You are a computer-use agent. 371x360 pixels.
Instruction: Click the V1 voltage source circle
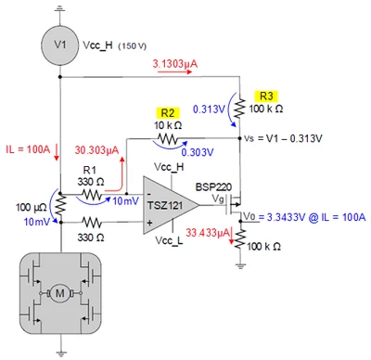(59, 45)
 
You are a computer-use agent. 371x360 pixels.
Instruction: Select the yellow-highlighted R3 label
(266, 96)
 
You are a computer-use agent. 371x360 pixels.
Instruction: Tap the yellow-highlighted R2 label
(168, 113)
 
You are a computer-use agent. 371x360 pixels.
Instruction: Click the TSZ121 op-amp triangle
(171, 205)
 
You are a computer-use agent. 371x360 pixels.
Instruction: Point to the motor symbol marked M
(59, 293)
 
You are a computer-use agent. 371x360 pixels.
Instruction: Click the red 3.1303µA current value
(175, 64)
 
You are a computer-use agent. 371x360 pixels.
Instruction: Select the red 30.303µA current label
(96, 150)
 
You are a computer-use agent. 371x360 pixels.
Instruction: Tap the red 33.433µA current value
(208, 233)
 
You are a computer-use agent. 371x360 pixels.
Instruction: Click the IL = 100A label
(28, 149)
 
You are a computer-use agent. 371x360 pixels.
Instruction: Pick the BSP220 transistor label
(213, 187)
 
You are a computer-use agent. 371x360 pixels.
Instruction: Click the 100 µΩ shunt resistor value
(32, 207)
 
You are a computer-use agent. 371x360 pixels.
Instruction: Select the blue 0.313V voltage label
(209, 109)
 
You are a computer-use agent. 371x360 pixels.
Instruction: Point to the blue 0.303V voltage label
(198, 152)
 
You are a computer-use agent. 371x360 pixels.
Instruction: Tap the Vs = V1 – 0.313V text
(283, 138)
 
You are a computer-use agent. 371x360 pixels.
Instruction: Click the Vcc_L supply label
(169, 240)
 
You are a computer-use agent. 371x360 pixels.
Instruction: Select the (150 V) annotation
(133, 46)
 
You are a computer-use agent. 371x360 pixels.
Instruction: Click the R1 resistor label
(90, 170)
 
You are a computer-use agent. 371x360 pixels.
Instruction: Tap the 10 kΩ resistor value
(168, 125)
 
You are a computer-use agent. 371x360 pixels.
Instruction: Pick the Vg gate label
(218, 199)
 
